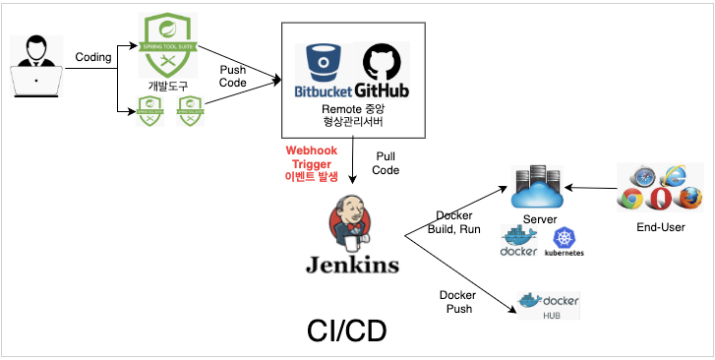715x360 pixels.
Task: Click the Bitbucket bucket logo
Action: coord(322,62)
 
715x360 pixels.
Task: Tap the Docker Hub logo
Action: coord(548,304)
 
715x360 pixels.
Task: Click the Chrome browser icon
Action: coord(632,200)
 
